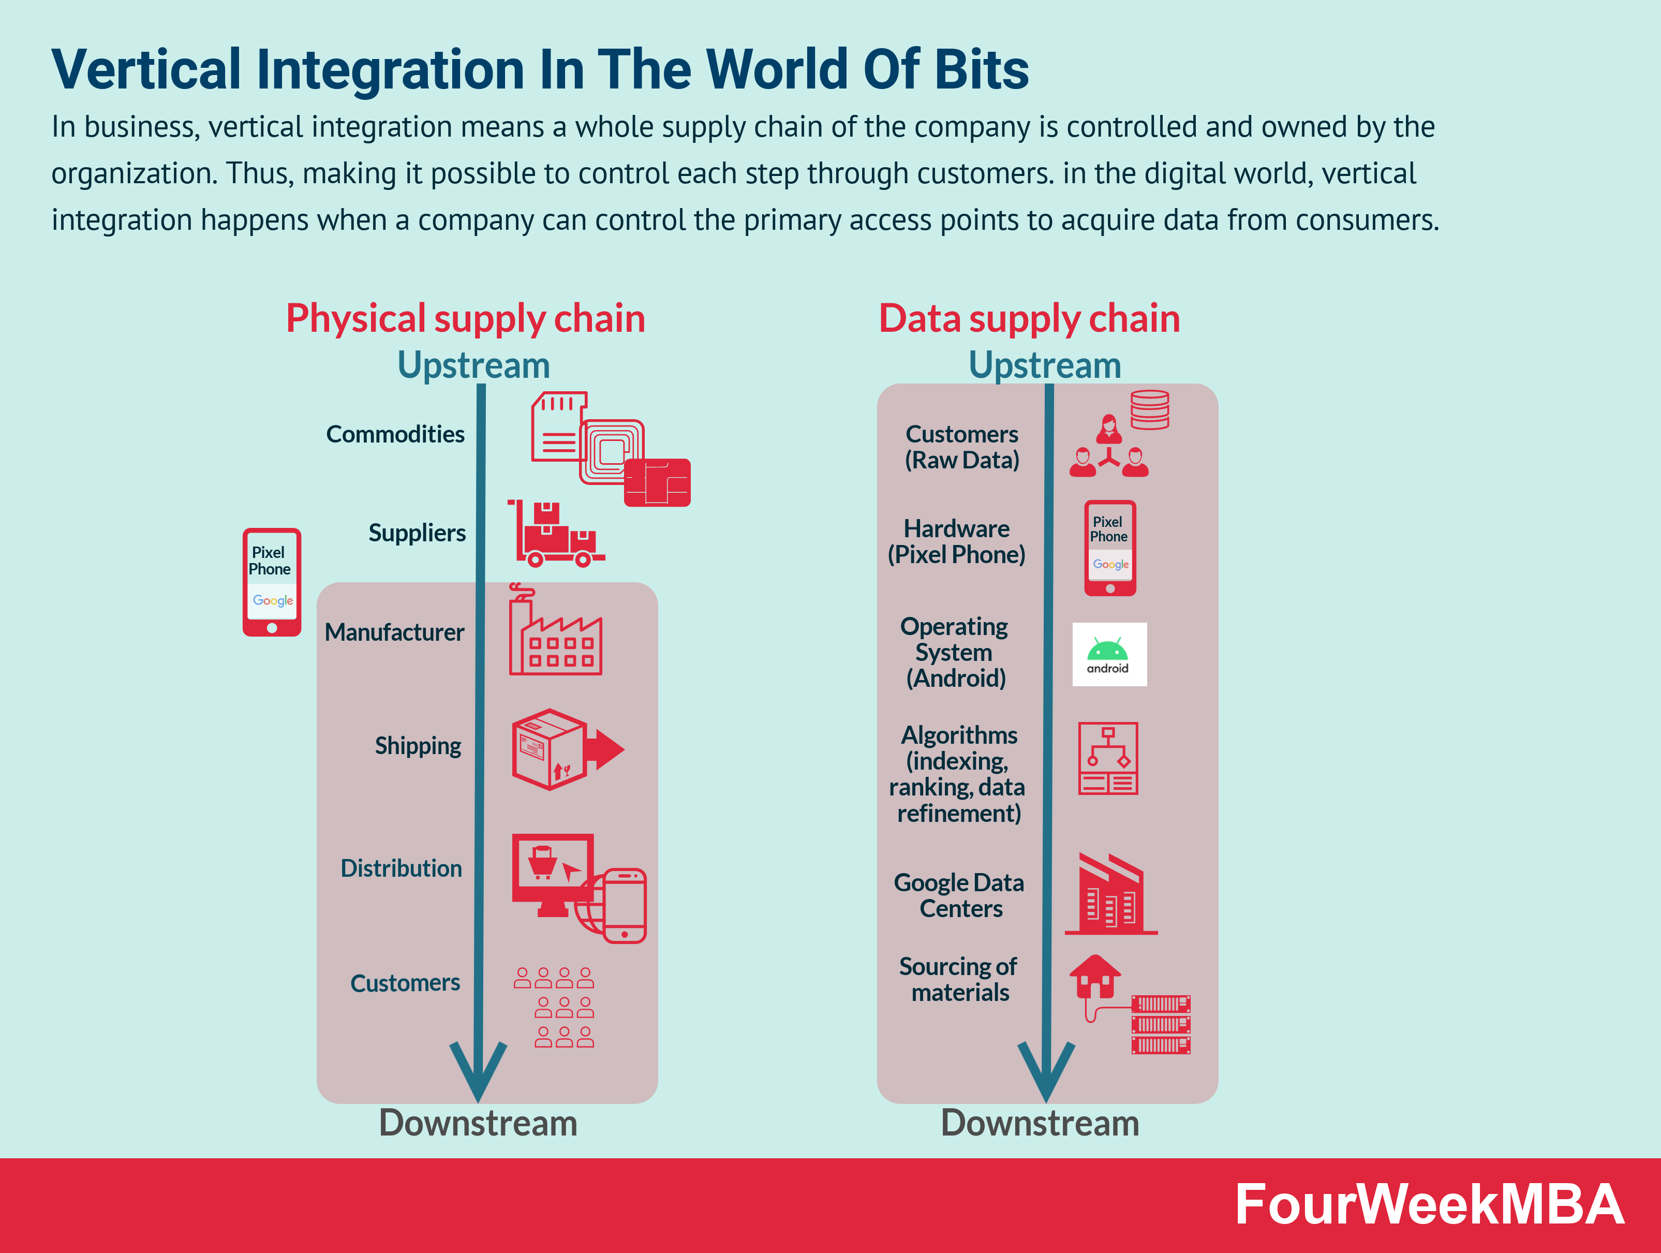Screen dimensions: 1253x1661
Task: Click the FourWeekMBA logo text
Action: [1429, 1204]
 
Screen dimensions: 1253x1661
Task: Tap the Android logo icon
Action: [1109, 654]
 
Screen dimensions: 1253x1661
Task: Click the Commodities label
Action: [395, 434]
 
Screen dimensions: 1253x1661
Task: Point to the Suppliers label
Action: [417, 533]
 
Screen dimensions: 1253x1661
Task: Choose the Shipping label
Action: [418, 746]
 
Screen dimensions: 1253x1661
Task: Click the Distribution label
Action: [401, 868]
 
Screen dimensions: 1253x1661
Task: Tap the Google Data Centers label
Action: [959, 895]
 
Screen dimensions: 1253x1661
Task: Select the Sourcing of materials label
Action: [959, 980]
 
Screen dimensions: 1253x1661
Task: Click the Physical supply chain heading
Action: [466, 318]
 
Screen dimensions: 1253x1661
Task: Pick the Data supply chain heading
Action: [1030, 318]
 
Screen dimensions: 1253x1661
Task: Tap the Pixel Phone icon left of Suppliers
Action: [272, 582]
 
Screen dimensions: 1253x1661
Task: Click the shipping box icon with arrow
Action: [567, 749]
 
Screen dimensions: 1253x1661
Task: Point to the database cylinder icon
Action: [1150, 409]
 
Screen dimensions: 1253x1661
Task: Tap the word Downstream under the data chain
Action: [1040, 1124]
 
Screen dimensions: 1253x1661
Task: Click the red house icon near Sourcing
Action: [1095, 975]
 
